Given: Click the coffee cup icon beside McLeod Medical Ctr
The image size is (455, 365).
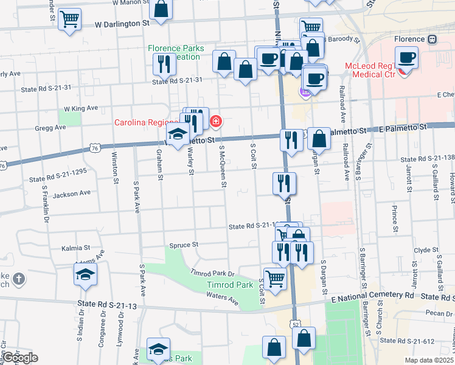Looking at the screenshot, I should pos(406,58).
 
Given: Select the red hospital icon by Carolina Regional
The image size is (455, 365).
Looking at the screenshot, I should pos(215,122).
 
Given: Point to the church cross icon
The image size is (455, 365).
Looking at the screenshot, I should pos(19,279).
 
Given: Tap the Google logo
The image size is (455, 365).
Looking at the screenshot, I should pos(19,358).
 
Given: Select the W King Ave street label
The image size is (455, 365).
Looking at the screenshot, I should pos(81,108).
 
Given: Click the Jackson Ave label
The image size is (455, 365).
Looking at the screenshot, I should pos(71,193).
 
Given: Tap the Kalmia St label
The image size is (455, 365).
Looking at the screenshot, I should pos(75,248).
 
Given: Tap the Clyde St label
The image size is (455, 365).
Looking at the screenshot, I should pos(422,249).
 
